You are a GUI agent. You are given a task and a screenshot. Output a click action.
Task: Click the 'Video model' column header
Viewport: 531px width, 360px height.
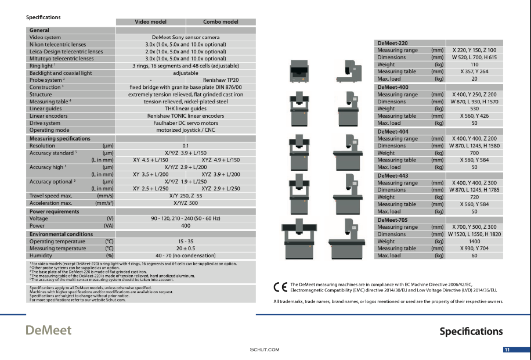tap(150, 22)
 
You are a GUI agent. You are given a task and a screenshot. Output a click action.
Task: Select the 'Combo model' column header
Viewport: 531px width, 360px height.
tap(221, 22)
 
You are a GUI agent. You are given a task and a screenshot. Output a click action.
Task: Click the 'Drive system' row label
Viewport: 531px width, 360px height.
tap(45, 123)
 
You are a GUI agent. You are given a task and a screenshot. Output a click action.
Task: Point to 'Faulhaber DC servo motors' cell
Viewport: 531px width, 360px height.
tap(186, 123)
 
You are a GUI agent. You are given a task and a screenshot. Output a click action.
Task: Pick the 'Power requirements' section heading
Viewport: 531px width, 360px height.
tap(54, 211)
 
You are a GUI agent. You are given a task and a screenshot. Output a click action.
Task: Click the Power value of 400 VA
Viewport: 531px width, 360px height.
tap(186, 225)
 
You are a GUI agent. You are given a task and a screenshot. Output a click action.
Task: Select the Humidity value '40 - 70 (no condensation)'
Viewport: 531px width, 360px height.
tap(186, 255)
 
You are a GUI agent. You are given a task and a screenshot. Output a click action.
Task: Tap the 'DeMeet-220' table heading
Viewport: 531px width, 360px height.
tap(392, 43)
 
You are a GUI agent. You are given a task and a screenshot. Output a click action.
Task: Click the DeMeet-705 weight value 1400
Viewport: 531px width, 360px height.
tap(474, 241)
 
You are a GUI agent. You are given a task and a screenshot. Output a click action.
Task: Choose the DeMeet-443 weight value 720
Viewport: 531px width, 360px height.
tap(474, 197)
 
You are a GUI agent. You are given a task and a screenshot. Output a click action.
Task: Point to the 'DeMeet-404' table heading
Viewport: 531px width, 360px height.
tap(392, 131)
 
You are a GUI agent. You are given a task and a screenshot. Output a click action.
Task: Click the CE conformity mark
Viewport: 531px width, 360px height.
tap(280, 286)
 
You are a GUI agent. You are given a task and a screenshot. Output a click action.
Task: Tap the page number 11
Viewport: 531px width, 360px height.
tap(507, 350)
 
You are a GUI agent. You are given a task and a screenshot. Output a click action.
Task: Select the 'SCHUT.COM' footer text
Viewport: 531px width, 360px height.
tap(265, 350)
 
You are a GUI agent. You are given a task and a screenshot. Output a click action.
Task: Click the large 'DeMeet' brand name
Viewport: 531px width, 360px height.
tap(48, 330)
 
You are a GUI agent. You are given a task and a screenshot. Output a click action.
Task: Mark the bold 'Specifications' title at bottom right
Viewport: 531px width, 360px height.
tap(471, 332)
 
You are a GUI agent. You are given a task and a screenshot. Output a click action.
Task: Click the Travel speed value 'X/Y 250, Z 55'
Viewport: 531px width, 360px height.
tap(186, 196)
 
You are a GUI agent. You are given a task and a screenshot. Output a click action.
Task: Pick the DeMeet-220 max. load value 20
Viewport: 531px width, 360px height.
tap(474, 78)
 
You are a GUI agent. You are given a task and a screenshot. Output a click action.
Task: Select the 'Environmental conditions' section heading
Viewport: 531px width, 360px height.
tap(61, 234)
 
